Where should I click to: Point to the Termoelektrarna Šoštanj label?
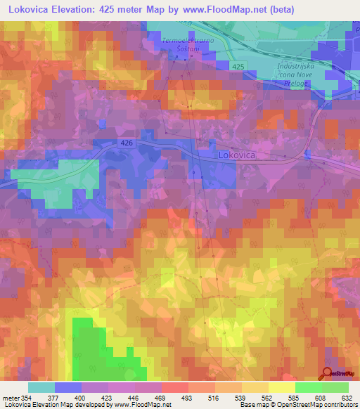click(x=186, y=44)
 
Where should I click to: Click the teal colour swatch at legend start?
click(x=41, y=387)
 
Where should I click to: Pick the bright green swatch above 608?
click(x=308, y=387)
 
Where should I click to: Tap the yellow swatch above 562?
click(x=255, y=387)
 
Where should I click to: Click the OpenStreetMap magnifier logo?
click(x=328, y=374)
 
